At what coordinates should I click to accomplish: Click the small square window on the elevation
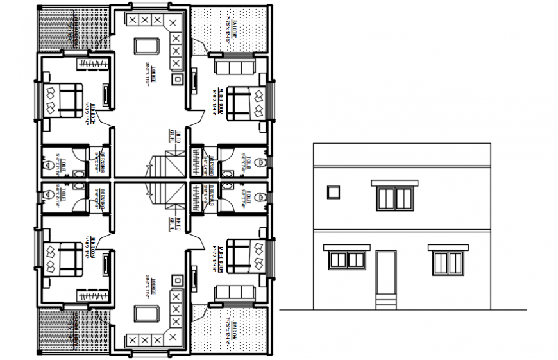[332, 192]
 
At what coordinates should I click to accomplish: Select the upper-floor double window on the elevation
[394, 198]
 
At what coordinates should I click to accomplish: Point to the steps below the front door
[385, 301]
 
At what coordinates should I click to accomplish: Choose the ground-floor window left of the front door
[347, 260]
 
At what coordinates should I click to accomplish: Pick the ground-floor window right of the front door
[446, 262]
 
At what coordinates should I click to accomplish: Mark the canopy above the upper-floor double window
[394, 184]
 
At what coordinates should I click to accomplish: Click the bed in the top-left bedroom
[62, 101]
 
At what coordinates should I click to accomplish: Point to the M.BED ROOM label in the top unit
[219, 101]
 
